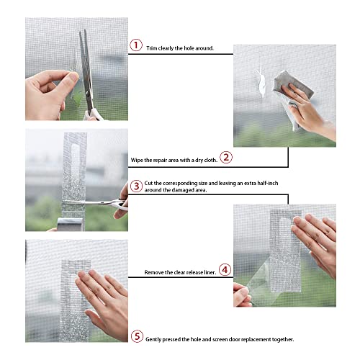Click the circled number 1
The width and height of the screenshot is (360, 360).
click(x=135, y=45)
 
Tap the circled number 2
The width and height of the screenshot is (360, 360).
click(x=225, y=157)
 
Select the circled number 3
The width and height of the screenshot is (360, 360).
click(x=135, y=186)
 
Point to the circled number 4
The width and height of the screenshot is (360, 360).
click(x=225, y=270)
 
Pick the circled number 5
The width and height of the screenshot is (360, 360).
click(x=135, y=336)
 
